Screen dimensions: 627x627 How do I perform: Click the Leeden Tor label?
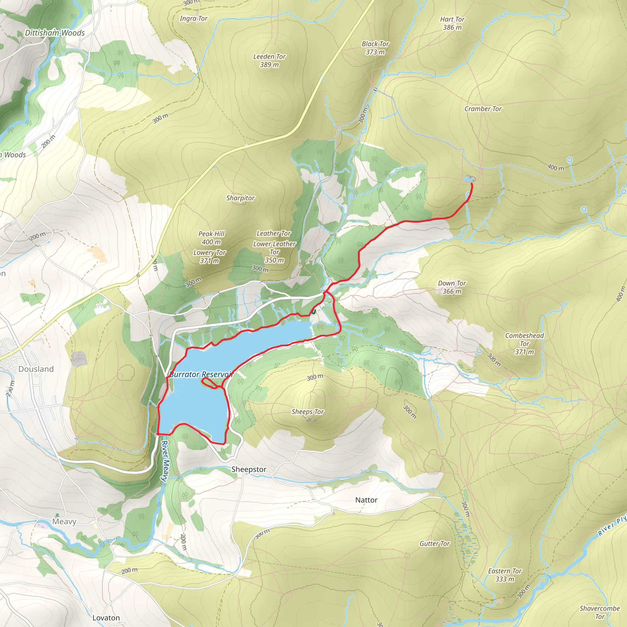[x=269, y=60]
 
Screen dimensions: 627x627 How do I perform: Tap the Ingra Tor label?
[x=193, y=18]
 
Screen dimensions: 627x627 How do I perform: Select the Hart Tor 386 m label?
[x=452, y=23]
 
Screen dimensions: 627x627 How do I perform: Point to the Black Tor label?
[x=375, y=48]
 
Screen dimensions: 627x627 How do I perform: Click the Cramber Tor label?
[x=483, y=109]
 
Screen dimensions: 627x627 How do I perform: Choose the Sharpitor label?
[x=240, y=198]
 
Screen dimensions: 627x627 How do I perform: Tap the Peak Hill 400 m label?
[x=211, y=238]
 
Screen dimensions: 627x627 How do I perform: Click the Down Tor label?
[x=452, y=287]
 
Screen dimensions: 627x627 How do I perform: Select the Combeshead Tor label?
[x=524, y=344]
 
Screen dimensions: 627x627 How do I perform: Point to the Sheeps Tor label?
[x=308, y=412]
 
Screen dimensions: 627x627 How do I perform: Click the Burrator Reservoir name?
[x=202, y=374]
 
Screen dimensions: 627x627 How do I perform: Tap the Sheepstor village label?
[x=249, y=470]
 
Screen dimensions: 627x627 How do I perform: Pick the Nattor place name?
[x=366, y=500]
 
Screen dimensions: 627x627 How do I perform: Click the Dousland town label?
[x=36, y=369]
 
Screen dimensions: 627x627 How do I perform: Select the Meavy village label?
[x=64, y=521]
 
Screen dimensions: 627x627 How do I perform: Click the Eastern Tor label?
[x=505, y=575]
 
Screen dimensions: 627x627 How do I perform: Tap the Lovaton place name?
[x=106, y=618]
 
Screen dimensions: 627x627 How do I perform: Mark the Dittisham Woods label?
[x=55, y=33]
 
